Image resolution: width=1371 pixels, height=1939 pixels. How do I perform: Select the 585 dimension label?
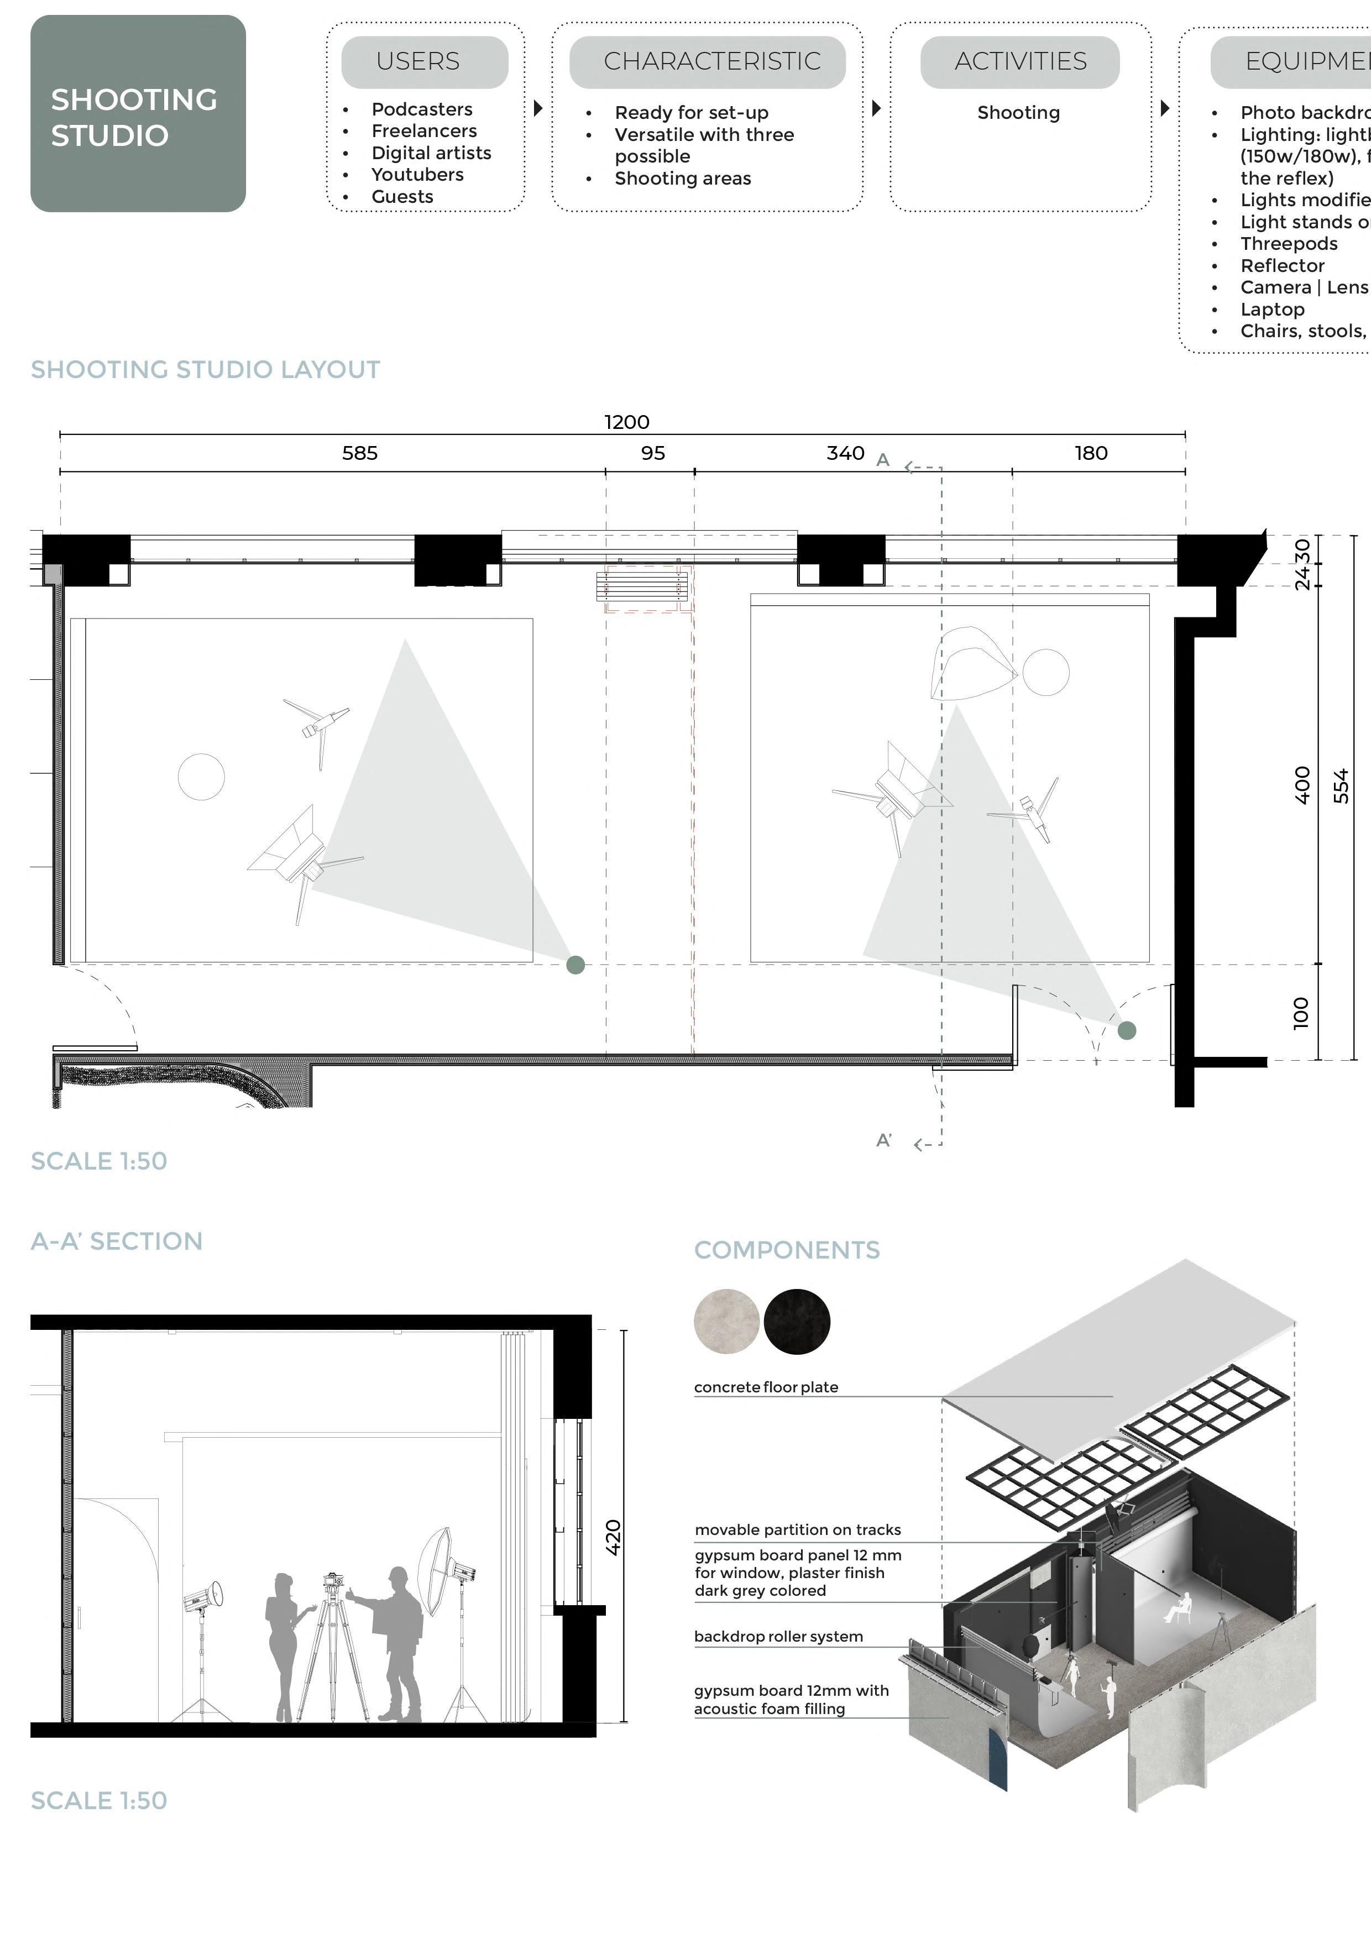360,453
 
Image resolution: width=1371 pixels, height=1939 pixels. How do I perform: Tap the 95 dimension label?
653,453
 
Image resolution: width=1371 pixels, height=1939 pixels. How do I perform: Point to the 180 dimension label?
1091,453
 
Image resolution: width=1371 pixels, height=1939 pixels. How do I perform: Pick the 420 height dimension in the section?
613,1537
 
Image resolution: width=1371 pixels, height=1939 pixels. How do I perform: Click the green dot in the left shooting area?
575,965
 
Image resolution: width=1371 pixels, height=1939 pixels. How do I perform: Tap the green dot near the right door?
1127,1030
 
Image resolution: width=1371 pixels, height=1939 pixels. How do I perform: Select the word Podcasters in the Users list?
421,109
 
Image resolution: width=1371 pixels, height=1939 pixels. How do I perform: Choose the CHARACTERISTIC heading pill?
711,62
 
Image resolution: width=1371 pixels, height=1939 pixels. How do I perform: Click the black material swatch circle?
797,1322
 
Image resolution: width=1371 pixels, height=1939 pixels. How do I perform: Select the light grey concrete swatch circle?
726,1322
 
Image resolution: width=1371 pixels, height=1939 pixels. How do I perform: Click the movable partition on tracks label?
797,1529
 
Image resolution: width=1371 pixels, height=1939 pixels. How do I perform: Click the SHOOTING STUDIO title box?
138,113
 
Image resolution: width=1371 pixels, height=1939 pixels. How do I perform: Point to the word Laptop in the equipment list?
1272,309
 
